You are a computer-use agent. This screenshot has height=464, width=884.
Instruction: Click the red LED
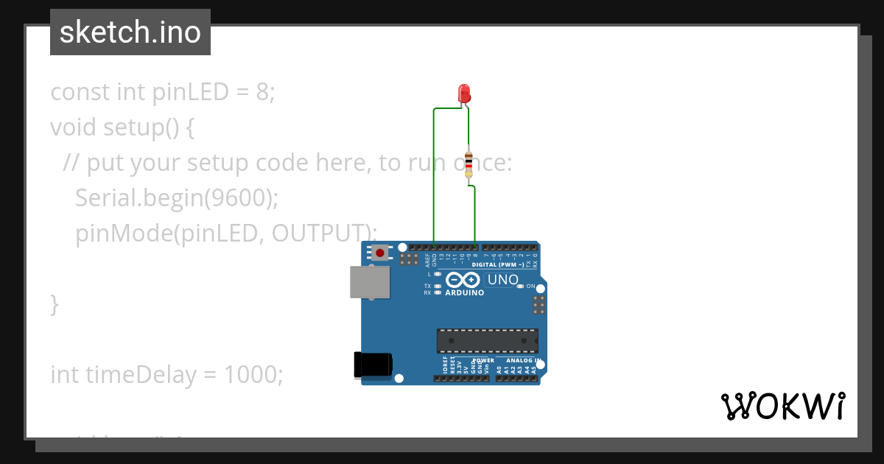click(464, 94)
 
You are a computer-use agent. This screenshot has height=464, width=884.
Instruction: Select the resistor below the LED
click(469, 164)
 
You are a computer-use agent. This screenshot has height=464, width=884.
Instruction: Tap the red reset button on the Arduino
click(379, 253)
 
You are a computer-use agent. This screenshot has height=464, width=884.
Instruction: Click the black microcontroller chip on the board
click(487, 341)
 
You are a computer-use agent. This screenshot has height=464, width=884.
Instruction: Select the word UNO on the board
click(503, 280)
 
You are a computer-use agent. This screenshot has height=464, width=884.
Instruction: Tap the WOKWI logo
click(782, 406)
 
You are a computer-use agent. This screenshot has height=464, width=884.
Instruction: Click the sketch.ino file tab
click(130, 32)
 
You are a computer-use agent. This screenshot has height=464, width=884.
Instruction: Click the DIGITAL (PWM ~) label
click(498, 264)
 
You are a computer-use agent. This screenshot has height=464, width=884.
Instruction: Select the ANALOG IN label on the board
click(524, 361)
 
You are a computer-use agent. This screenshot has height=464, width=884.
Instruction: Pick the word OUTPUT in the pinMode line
click(318, 233)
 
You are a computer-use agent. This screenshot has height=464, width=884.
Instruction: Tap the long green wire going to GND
click(434, 177)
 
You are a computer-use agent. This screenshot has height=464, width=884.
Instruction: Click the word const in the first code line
click(80, 92)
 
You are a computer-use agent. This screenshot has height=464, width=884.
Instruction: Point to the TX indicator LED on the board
click(438, 286)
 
